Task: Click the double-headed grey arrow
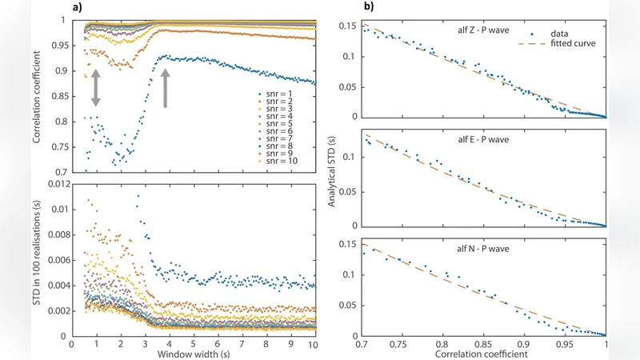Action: point(96,88)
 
